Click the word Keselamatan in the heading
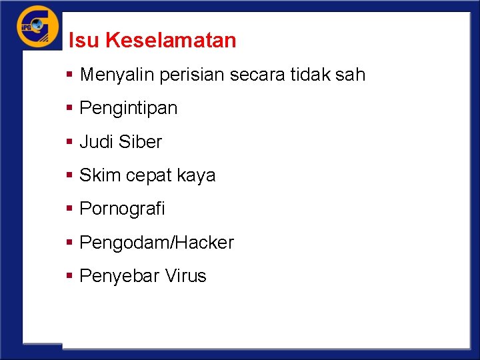click(171, 41)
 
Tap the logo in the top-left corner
click(38, 27)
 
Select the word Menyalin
click(117, 75)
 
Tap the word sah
click(351, 75)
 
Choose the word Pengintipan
click(129, 109)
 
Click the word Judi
click(97, 142)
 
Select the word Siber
click(140, 142)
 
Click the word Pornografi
click(122, 209)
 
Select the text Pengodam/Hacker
click(157, 243)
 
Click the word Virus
click(184, 276)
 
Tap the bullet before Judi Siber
click(70, 142)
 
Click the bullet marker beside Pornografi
click(70, 209)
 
